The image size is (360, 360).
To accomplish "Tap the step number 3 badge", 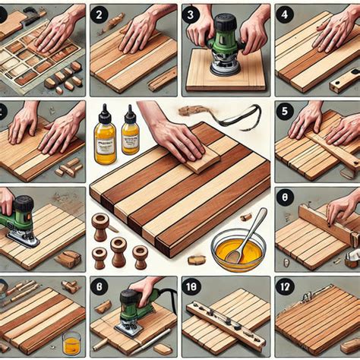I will [192, 14].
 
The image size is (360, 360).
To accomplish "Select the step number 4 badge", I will [285, 14].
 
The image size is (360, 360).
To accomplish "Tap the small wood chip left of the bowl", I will [197, 259].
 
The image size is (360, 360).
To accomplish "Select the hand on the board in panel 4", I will [334, 30].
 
